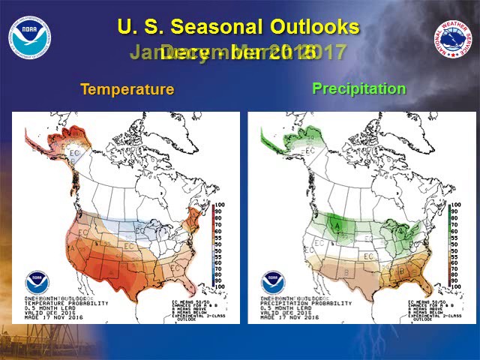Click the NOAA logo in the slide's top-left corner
click(30, 37)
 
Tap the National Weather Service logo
click(451, 38)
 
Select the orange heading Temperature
click(127, 89)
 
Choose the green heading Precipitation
click(358, 88)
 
